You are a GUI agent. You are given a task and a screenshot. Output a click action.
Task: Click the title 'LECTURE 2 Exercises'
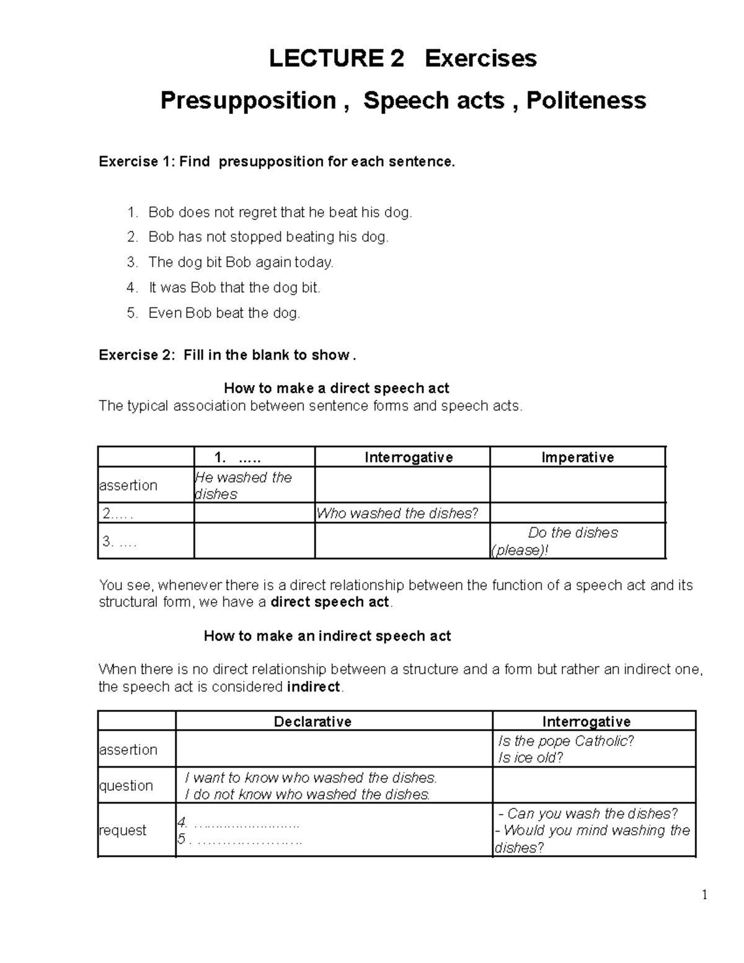[402, 58]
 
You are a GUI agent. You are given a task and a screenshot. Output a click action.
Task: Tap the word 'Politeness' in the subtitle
[586, 100]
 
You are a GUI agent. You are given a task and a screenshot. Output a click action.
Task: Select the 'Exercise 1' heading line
[277, 162]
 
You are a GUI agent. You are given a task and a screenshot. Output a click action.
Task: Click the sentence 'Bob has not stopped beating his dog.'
[268, 237]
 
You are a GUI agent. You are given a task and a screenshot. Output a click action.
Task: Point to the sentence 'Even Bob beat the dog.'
[224, 313]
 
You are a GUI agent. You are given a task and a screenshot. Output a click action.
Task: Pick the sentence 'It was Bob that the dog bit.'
[234, 288]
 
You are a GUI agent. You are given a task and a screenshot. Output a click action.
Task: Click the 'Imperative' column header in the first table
[577, 458]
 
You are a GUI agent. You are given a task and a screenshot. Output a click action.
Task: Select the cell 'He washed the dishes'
[243, 486]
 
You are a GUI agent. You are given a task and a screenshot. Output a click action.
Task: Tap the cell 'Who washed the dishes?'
[397, 513]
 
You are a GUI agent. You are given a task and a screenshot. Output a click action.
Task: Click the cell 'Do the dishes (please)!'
[572, 541]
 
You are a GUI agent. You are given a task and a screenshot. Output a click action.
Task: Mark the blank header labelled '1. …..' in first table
[237, 458]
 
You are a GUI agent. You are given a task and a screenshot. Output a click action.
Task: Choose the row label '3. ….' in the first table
[119, 541]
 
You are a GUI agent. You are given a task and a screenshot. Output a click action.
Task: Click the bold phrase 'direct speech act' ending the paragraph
[330, 602]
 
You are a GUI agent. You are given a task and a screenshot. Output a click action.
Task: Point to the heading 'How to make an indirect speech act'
[327, 636]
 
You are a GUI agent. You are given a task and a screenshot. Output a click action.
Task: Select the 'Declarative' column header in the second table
[312, 722]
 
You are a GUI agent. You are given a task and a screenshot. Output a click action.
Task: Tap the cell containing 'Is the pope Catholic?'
[565, 742]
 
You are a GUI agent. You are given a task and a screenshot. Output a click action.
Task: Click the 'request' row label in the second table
[123, 830]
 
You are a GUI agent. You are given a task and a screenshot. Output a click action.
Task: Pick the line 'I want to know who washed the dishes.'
[311, 778]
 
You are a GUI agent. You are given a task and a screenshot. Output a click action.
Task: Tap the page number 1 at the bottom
[704, 895]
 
